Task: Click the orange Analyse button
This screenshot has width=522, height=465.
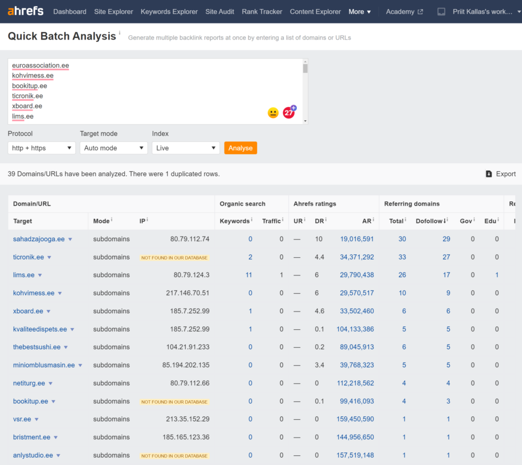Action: pyautogui.click(x=240, y=148)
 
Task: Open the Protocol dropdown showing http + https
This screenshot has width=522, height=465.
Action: pyautogui.click(x=41, y=148)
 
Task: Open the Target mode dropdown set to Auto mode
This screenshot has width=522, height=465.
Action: pyautogui.click(x=113, y=148)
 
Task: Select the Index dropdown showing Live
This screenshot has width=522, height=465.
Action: pyautogui.click(x=185, y=148)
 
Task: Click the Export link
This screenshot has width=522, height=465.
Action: pyautogui.click(x=500, y=174)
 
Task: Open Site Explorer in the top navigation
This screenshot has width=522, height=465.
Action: pyautogui.click(x=113, y=11)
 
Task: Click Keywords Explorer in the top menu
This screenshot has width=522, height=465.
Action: pyautogui.click(x=169, y=11)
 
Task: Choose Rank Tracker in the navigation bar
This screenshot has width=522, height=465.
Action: pyautogui.click(x=262, y=11)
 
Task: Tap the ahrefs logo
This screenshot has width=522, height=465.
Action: pyautogui.click(x=25, y=11)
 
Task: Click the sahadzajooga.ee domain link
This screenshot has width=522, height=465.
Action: pyautogui.click(x=38, y=239)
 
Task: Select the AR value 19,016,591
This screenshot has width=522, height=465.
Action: pyautogui.click(x=356, y=239)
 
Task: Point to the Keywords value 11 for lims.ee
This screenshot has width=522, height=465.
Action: pyautogui.click(x=248, y=275)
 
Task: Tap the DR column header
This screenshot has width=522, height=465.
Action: pyautogui.click(x=319, y=221)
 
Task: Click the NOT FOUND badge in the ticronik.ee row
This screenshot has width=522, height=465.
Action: pyautogui.click(x=174, y=258)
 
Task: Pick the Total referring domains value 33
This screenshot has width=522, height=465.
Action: pyautogui.click(x=402, y=257)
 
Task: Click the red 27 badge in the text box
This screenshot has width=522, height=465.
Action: pyautogui.click(x=289, y=113)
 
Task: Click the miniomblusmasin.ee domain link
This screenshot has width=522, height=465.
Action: pyautogui.click(x=44, y=365)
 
